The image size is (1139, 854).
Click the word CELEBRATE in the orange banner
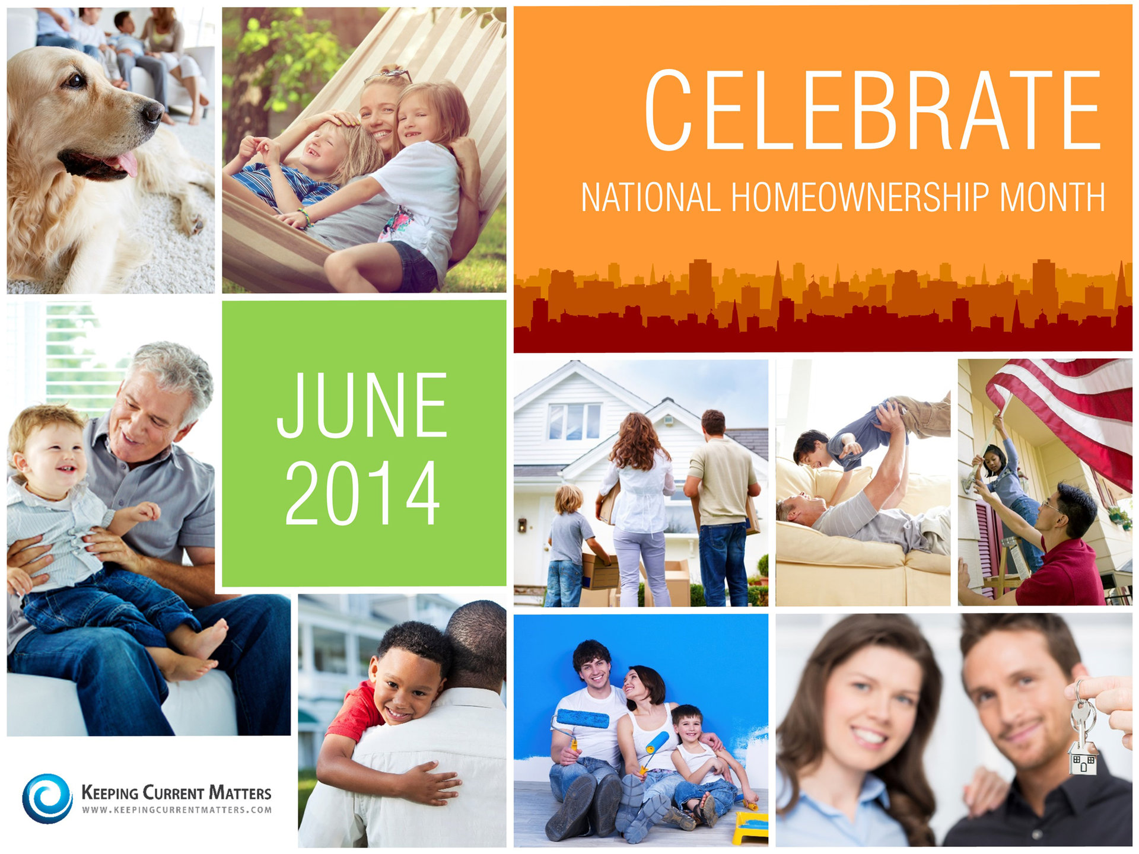873,110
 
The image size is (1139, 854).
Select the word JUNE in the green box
362,406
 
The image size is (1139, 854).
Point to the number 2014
362,493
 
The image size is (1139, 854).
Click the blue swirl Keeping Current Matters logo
47,798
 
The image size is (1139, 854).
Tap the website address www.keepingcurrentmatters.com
177,810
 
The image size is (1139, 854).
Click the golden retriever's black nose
153,111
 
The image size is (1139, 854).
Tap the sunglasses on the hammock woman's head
389,75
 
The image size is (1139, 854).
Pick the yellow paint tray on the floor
750,828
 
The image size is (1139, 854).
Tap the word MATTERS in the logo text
240,793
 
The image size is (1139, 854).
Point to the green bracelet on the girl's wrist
306,217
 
